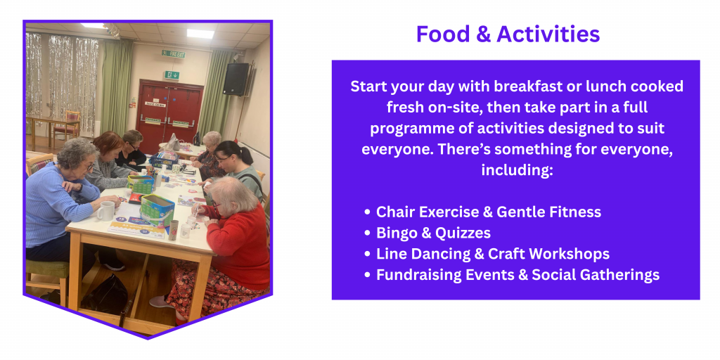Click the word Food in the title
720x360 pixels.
(x=442, y=34)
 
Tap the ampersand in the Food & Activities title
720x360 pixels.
(x=482, y=34)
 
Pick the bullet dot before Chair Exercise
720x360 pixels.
(x=367, y=212)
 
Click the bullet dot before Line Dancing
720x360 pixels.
(x=367, y=254)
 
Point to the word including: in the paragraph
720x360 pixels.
(x=516, y=170)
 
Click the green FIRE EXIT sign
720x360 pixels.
(x=173, y=53)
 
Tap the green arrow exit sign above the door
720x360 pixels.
(x=172, y=75)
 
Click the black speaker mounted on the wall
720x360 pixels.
(x=236, y=79)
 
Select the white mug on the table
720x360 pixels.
(x=105, y=211)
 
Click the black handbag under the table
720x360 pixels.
(x=105, y=295)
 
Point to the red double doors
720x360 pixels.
(x=169, y=112)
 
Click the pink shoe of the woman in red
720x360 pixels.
(x=161, y=302)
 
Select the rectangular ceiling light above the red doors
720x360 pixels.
(x=200, y=34)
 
